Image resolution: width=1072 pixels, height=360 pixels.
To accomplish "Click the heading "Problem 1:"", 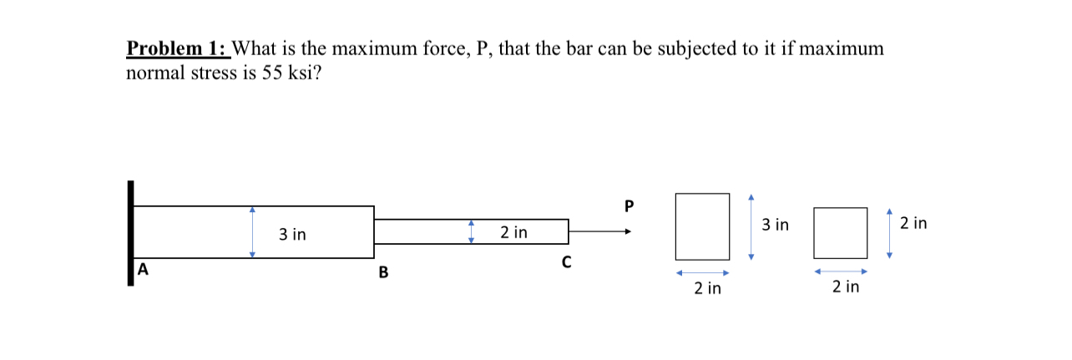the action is [x=177, y=49].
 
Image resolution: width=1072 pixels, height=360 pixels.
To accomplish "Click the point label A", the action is [x=143, y=270].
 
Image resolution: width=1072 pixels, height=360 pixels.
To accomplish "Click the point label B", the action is [x=383, y=271].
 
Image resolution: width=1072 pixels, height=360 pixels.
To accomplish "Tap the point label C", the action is [x=566, y=264].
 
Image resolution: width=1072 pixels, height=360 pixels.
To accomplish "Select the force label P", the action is [x=629, y=205].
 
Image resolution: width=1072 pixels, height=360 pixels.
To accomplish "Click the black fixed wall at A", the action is [x=130, y=233].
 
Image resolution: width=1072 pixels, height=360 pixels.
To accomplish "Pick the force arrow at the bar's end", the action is [x=600, y=231].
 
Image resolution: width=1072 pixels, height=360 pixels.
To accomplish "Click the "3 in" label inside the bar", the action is [x=292, y=236].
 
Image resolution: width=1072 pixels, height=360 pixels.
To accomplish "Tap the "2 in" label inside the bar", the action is [x=513, y=231].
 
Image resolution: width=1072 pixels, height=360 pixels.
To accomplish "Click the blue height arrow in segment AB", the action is [x=252, y=232].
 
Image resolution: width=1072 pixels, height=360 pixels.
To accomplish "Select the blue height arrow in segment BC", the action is [x=471, y=231].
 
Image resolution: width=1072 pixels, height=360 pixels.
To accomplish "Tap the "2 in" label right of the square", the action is [x=913, y=224].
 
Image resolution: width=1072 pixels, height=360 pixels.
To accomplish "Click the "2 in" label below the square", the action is [x=846, y=287].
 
